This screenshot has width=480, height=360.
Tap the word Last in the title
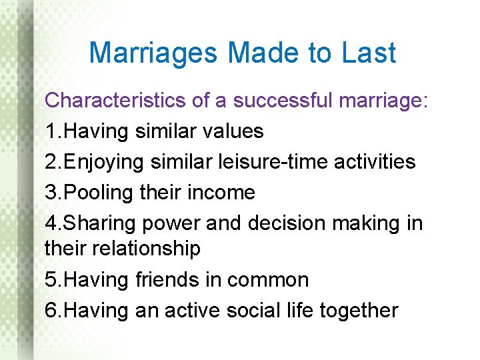[369, 53]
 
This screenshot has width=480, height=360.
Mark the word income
[221, 193]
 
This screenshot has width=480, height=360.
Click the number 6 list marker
[51, 310]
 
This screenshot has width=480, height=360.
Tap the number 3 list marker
[51, 193]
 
